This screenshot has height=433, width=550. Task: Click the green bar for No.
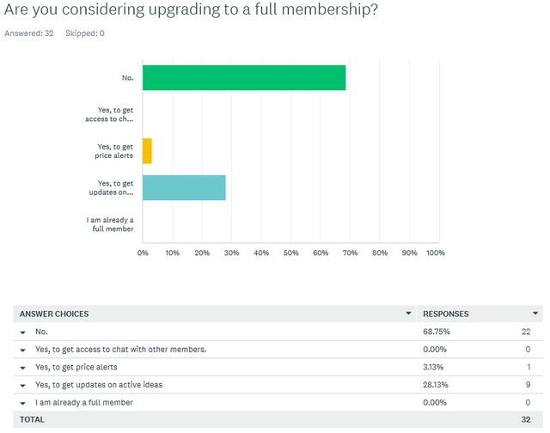pos(244,77)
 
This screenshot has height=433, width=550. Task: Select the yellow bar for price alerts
pos(147,151)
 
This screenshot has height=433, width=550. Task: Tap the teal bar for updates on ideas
pos(184,187)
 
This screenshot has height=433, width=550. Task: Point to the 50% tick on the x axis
pos(290,253)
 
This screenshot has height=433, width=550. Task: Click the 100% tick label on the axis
pos(435,253)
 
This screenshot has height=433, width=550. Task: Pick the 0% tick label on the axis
pos(143,253)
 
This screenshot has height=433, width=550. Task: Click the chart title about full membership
pos(191,12)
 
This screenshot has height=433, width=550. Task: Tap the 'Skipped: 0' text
pos(85,34)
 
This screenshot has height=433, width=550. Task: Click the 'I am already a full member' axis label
pos(110,224)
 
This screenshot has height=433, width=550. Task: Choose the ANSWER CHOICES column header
pos(54,314)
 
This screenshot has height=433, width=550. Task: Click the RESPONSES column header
pos(445,314)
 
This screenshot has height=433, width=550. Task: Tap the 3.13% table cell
pos(433,367)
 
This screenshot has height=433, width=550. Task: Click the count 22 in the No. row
pos(526,331)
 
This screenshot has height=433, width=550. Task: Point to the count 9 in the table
pos(529,384)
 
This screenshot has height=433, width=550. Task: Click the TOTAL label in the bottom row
pos(32,419)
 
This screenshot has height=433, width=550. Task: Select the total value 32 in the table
pos(526,419)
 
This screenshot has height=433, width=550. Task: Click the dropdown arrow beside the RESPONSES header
pos(535,314)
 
